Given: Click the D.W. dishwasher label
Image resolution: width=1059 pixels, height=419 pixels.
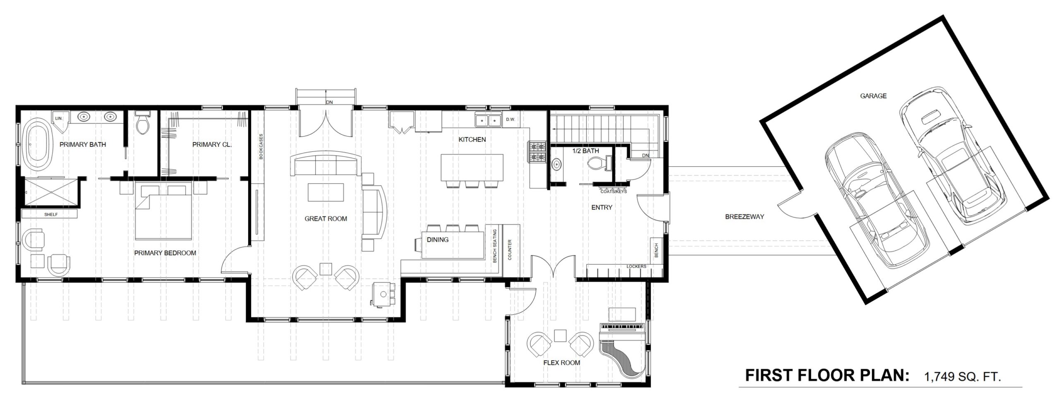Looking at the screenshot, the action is point(510,120).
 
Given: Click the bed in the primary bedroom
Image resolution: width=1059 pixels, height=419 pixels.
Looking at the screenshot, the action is point(164,212).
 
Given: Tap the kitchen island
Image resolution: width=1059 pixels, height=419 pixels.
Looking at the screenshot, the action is point(472,167).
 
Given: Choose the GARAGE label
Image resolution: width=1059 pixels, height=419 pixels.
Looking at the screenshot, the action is point(873,96).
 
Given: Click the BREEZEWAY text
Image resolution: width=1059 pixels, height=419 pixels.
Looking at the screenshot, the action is point(744,216).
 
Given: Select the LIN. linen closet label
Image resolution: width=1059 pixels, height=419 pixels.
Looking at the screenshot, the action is point(58,119).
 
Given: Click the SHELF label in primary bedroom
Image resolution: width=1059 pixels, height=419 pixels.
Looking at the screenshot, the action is point(51,215).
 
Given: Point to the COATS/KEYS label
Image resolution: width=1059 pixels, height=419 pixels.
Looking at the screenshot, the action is point(613,192).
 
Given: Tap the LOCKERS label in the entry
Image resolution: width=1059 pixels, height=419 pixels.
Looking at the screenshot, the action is point(636,266).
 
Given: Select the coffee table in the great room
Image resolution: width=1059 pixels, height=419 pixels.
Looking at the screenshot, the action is point(326,192).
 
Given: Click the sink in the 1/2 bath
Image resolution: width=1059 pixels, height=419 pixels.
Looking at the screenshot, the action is point(557,165).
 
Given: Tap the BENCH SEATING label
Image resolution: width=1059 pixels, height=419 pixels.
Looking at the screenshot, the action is point(495,246).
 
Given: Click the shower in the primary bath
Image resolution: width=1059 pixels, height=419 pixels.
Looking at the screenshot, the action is point(50,192).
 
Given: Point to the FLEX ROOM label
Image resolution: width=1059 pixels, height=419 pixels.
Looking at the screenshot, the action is point(561,363).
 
